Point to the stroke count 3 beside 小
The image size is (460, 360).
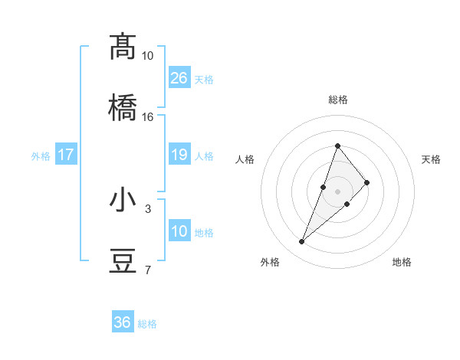pyautogui.click(x=147, y=208)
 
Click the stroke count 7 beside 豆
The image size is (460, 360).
pyautogui.click(x=147, y=270)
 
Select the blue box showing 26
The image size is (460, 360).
pyautogui.click(x=179, y=78)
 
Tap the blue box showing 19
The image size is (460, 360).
pyautogui.click(x=179, y=155)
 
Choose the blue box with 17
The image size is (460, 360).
pyautogui.click(x=66, y=155)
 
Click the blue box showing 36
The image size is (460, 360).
pyautogui.click(x=123, y=322)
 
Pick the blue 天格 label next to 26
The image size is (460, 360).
pyautogui.click(x=204, y=80)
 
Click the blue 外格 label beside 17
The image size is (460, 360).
pyautogui.click(x=41, y=156)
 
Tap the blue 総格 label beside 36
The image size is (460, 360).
pyautogui.click(x=147, y=324)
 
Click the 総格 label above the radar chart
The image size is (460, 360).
pyautogui.click(x=338, y=100)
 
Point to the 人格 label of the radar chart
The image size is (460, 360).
pyautogui.click(x=245, y=159)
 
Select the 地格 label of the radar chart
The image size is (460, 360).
pyautogui.click(x=402, y=262)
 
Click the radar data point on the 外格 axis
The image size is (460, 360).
pyautogui.click(x=301, y=242)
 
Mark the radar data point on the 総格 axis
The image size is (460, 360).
pyautogui.click(x=337, y=146)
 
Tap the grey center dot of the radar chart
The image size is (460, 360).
pyautogui.click(x=337, y=191)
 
